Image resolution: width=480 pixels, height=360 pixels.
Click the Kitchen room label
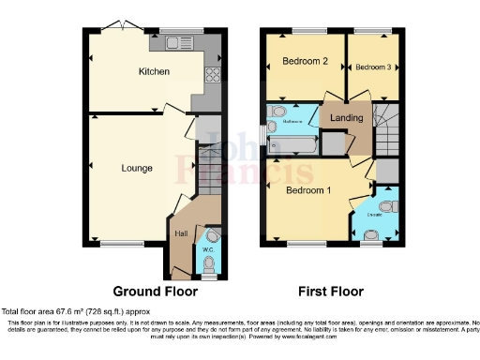tap(153, 72)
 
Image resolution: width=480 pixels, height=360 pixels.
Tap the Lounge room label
tap(137, 169)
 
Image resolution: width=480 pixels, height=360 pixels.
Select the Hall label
tap(181, 233)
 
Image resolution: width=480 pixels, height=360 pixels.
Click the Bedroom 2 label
tap(304, 64)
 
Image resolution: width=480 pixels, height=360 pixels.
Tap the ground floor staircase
tap(207, 164)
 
